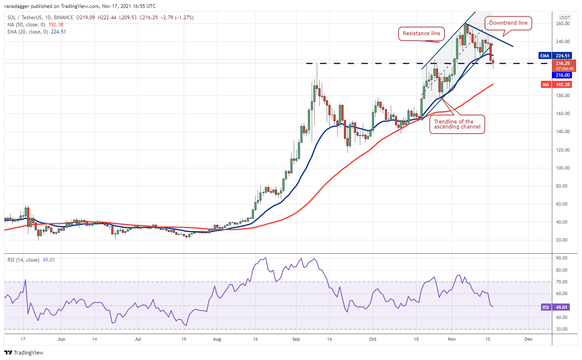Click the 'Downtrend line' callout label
[x=508, y=23]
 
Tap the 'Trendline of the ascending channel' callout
[x=457, y=124]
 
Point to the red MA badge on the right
[x=544, y=84]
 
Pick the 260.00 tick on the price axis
[x=565, y=23]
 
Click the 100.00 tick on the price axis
[x=565, y=168]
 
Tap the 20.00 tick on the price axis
[x=565, y=240]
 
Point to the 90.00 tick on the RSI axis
[x=564, y=258]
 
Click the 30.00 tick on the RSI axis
[x=564, y=329]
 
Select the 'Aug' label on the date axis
[x=216, y=339]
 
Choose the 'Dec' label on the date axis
[x=528, y=339]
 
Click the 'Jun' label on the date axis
[x=61, y=339]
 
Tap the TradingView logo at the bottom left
[x=24, y=352]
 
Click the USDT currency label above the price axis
[x=565, y=18]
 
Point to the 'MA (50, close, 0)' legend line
[x=35, y=25]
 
